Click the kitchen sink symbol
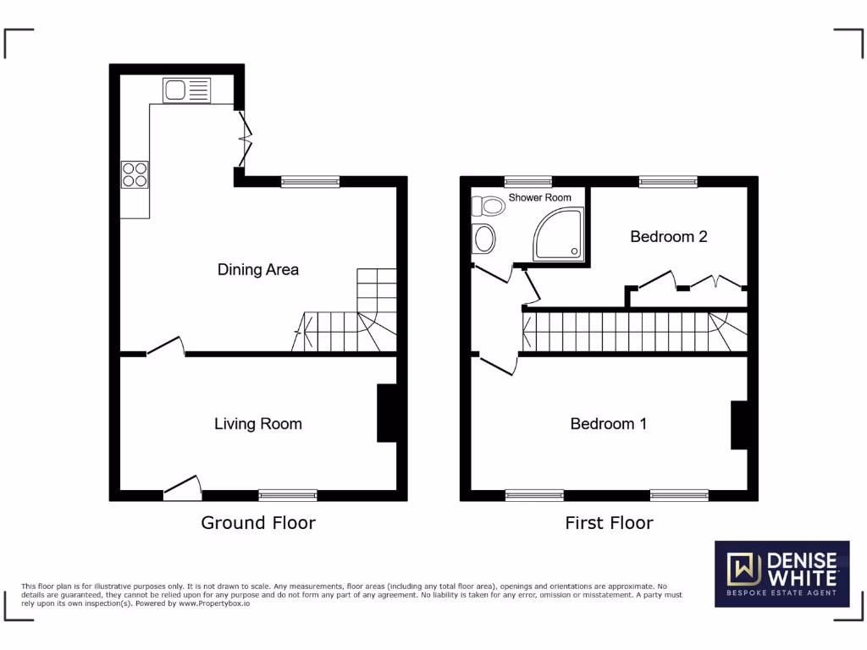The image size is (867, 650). click(186, 90)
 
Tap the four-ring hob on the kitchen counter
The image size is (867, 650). click(135, 174)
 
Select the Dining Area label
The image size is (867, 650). click(258, 270)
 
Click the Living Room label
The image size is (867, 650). click(257, 424)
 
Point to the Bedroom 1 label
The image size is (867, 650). click(608, 424)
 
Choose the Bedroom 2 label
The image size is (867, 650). click(668, 237)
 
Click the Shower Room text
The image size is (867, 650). click(539, 198)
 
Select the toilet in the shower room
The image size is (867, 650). click(489, 206)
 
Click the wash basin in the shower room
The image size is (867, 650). click(484, 240)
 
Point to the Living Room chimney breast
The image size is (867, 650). click(386, 413)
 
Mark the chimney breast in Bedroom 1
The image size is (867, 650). click(738, 425)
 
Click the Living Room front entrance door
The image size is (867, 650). click(183, 487)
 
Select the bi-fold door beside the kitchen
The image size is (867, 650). click(246, 139)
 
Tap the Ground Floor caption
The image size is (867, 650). click(257, 523)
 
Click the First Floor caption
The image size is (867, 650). click(609, 523)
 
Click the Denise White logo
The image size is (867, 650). click(781, 574)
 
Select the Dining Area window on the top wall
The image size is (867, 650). click(310, 181)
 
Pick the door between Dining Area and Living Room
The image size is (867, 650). click(165, 347)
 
